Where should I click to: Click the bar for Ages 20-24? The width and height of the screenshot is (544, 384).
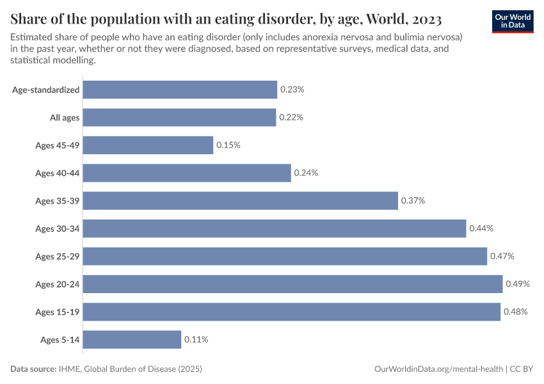292,284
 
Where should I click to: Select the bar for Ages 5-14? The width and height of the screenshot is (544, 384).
132,339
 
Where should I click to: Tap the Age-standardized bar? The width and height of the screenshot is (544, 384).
180,90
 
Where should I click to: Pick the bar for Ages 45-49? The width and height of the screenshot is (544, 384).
148,145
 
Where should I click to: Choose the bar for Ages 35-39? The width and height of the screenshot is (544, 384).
240,201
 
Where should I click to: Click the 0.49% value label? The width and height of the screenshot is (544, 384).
518,284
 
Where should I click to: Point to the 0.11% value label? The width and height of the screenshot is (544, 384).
196,339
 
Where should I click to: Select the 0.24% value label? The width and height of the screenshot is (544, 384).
306,173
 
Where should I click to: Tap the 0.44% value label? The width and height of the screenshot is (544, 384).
481,228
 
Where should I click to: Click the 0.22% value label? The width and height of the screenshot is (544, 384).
291,118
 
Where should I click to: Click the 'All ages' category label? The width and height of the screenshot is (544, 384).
65,118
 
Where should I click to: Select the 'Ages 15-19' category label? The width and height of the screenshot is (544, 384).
58,312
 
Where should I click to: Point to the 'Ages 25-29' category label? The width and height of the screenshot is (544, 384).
58,257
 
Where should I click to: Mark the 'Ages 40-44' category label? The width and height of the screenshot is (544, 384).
58,173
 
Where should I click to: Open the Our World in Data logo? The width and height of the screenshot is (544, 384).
513,20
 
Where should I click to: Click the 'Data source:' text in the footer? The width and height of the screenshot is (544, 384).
34,369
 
